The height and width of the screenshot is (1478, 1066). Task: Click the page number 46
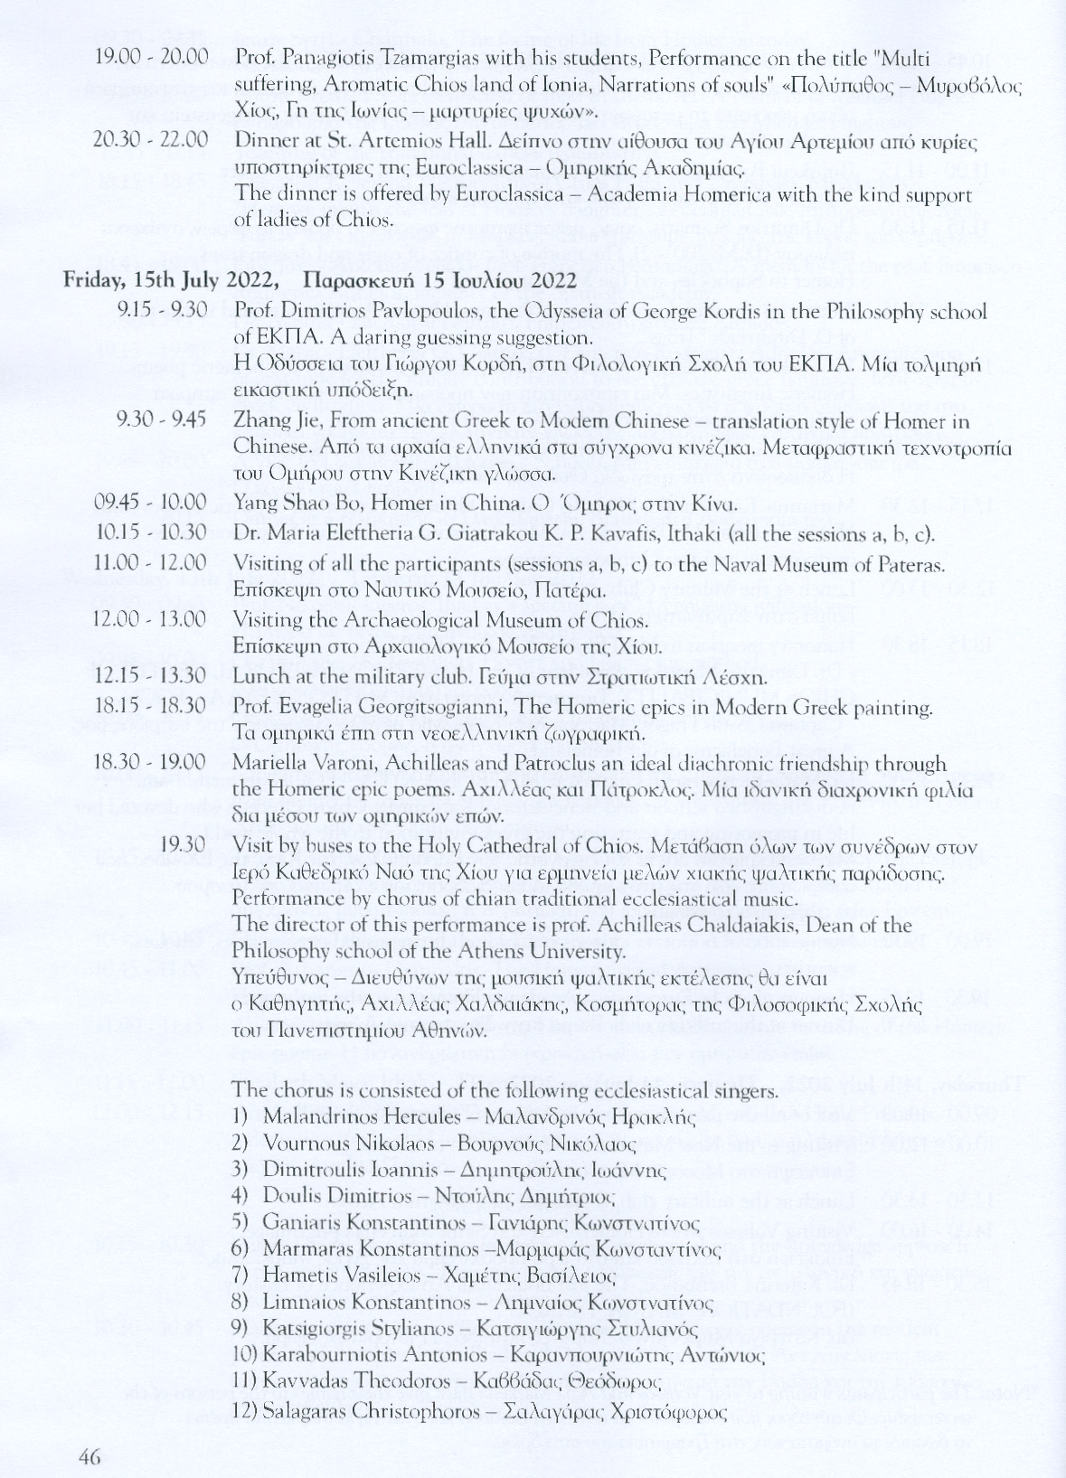coord(89,1455)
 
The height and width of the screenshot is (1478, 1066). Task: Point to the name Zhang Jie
coord(269,421)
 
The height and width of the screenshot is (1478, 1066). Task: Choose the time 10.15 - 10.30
coord(151,533)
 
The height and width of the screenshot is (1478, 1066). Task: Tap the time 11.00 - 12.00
coord(151,564)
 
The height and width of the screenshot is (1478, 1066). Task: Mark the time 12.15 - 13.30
coord(151,676)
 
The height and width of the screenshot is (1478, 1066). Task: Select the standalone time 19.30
coord(182,845)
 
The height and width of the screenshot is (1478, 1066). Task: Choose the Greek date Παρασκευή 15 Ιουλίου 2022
coord(439,281)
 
